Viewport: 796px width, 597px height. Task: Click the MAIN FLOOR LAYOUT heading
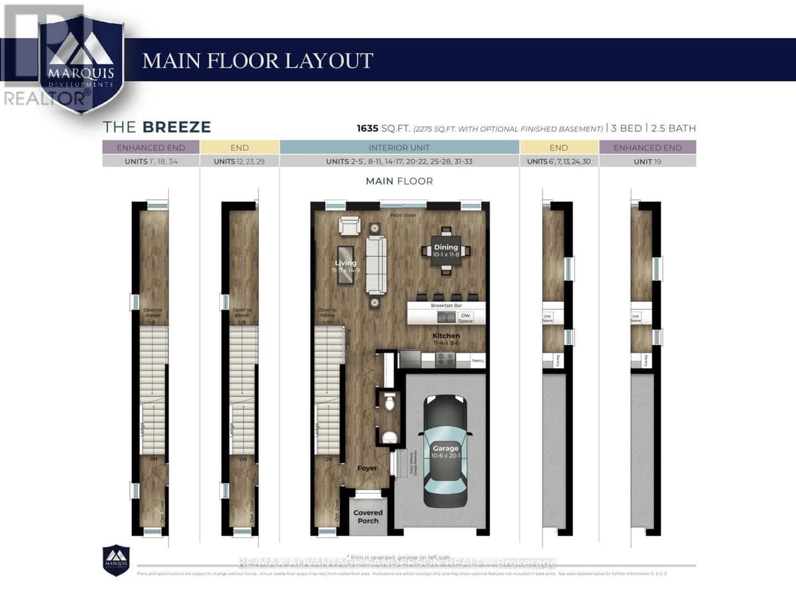point(257,60)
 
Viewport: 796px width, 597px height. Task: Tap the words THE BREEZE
point(157,127)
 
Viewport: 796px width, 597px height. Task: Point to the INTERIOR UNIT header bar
point(399,147)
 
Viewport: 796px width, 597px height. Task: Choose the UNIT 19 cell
point(647,161)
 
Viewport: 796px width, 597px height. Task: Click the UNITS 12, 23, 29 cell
point(239,161)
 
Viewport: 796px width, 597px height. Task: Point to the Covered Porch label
point(367,517)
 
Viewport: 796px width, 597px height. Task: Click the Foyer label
point(367,468)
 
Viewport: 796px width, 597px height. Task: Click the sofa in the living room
point(376,264)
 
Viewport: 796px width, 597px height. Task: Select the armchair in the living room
point(350,226)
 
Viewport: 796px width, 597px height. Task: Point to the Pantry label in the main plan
point(477,362)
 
